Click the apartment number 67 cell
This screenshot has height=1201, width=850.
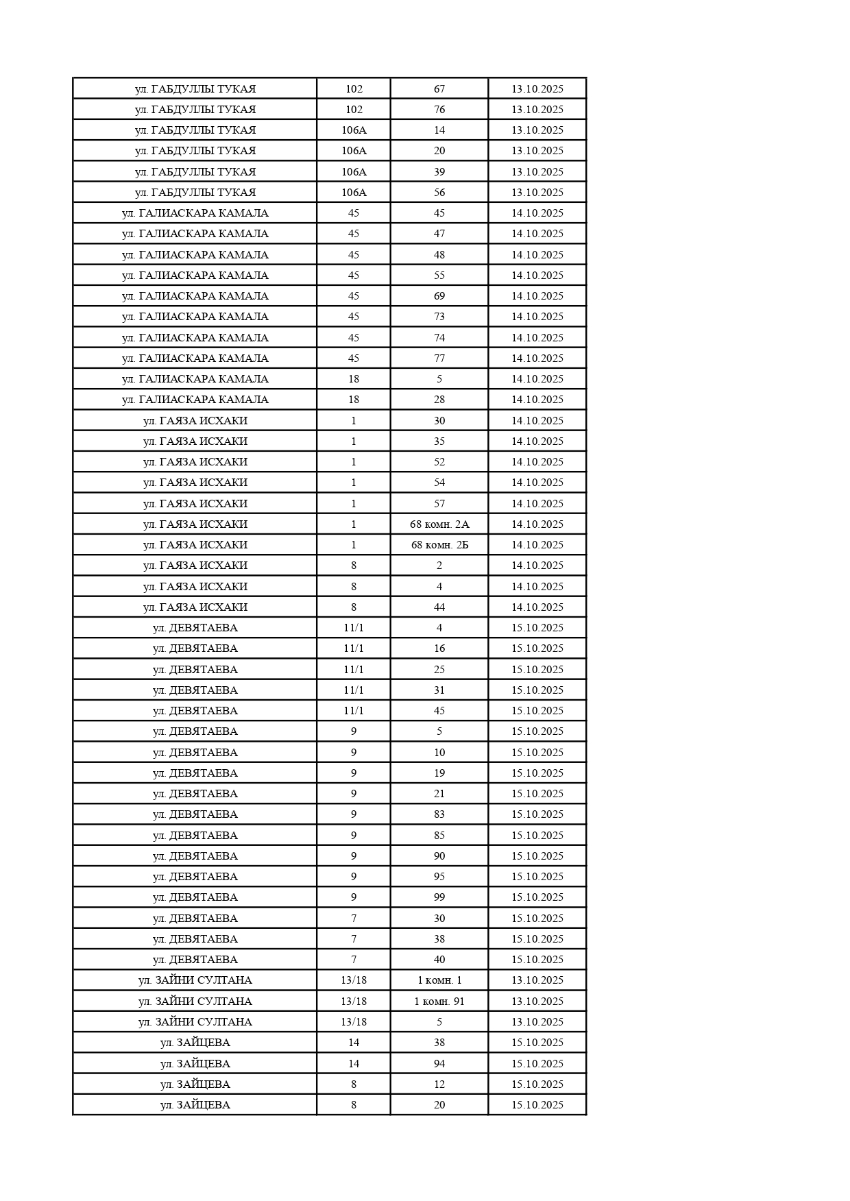click(439, 89)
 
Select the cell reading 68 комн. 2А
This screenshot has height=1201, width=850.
click(439, 524)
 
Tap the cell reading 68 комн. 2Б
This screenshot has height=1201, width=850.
click(439, 545)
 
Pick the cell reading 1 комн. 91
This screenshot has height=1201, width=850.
click(439, 1002)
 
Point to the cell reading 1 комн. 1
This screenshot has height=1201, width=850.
click(439, 980)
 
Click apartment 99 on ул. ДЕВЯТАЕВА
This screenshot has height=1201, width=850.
click(439, 897)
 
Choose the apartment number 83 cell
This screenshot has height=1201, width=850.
click(439, 814)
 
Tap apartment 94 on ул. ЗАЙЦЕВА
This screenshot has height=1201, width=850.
click(439, 1064)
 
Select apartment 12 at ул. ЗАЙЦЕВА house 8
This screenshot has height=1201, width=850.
click(439, 1084)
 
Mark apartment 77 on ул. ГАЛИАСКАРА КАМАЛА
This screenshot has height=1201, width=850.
click(439, 359)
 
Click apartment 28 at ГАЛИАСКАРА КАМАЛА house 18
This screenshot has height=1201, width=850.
click(439, 400)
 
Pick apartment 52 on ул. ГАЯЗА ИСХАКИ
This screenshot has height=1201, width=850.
click(439, 462)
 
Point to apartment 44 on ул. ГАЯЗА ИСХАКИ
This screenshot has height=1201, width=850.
click(439, 607)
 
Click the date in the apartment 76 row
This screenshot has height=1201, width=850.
click(537, 110)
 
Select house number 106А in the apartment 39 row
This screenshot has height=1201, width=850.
click(354, 172)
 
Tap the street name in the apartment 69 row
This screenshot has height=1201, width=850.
click(195, 296)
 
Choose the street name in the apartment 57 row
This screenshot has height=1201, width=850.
click(195, 504)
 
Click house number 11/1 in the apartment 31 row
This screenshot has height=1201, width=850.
click(354, 690)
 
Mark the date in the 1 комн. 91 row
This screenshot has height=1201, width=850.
click(537, 1002)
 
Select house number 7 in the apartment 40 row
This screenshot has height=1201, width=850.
click(354, 960)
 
